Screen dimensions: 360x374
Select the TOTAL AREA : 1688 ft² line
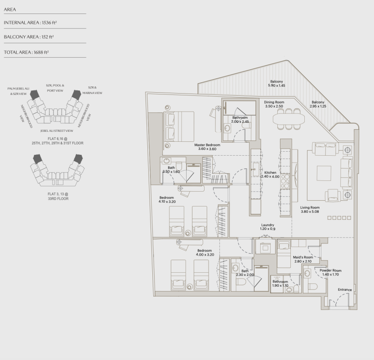tap(27, 52)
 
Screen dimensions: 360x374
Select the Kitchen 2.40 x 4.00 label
tap(270, 175)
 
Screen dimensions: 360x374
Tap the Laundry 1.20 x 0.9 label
tap(268, 227)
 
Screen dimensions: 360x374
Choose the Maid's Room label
tap(302, 259)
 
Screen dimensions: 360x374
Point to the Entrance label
tap(345, 290)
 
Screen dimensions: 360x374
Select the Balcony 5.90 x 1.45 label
tap(276, 83)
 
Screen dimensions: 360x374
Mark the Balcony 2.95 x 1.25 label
tap(318, 104)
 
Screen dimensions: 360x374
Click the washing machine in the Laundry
tap(265, 247)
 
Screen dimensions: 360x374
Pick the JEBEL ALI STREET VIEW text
tap(57, 130)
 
